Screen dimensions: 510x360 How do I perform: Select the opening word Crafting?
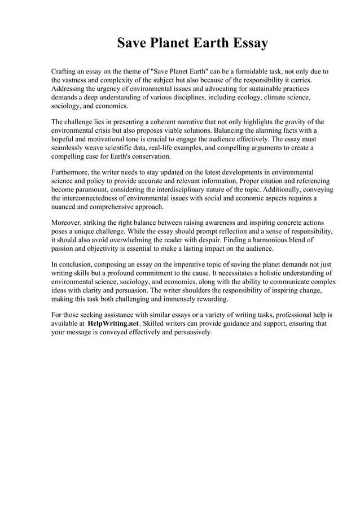pyautogui.click(x=65, y=72)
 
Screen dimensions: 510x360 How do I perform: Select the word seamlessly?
pyautogui.click(x=70, y=147)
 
